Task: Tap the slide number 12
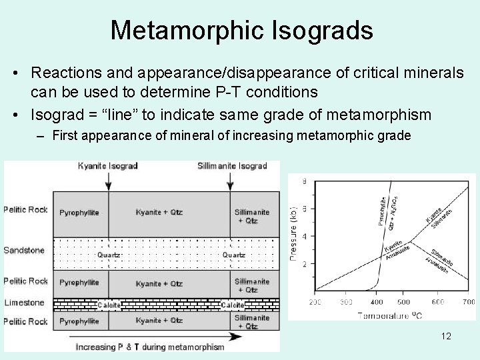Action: [446, 336]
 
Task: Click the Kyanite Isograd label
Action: [108, 165]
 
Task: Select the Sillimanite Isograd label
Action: [232, 165]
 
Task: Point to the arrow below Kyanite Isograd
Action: [109, 181]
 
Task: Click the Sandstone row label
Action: [24, 250]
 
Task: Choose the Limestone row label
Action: [24, 303]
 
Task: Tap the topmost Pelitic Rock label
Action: [25, 209]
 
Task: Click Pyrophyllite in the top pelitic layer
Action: [79, 213]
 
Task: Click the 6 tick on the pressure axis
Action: [304, 209]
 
